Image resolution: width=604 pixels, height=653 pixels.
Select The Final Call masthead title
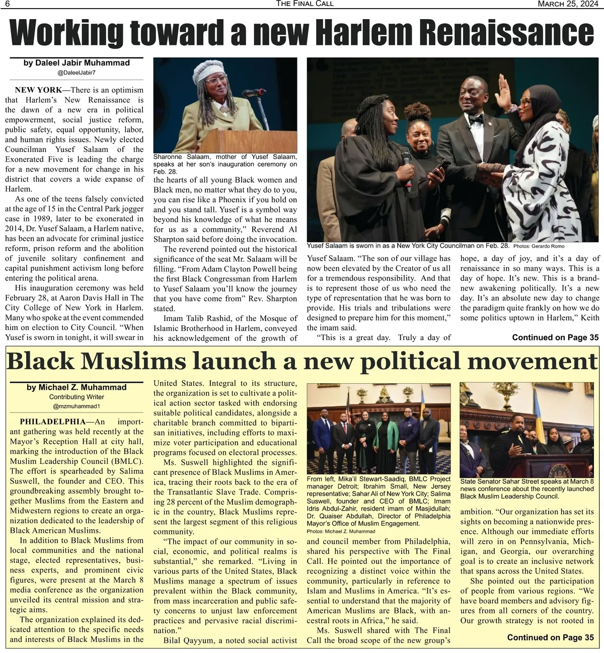305,4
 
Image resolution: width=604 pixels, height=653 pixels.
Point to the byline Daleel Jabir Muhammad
77,63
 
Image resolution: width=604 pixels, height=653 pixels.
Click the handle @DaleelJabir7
77,73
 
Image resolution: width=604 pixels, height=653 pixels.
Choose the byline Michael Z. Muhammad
77,387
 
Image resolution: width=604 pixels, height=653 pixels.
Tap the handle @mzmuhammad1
77,406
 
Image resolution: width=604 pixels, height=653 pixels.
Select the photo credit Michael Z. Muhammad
340,531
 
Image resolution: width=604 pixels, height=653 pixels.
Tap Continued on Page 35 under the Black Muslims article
550,637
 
